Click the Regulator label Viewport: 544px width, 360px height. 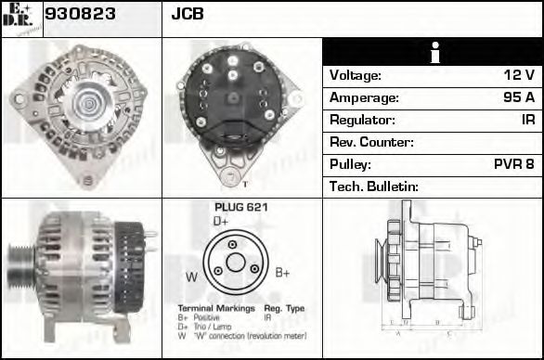(362, 121)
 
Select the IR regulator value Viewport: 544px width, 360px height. (526, 121)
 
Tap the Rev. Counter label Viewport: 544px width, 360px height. (371, 143)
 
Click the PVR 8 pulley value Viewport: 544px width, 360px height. (512, 165)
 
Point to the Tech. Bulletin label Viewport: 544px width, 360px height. (374, 187)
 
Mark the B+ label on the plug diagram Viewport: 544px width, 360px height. (283, 272)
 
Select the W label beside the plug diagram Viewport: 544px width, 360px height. (191, 276)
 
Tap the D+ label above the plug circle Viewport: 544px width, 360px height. (221, 222)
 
